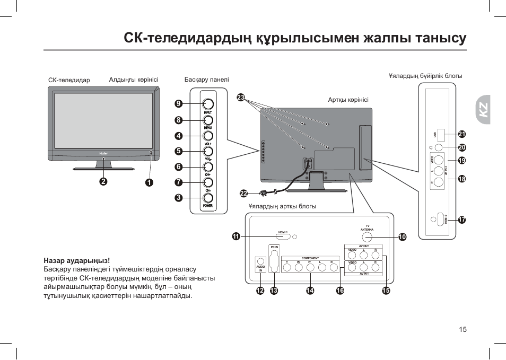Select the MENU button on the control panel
(207, 120)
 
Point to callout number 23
(241, 98)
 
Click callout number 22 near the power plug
(243, 193)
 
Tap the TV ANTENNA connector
(367, 237)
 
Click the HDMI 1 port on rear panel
(283, 236)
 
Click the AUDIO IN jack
(260, 261)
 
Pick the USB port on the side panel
(440, 135)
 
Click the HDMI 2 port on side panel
(440, 218)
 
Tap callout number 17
(461, 219)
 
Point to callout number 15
(386, 291)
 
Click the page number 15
(463, 329)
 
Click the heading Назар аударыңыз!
(77, 260)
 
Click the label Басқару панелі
(206, 80)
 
